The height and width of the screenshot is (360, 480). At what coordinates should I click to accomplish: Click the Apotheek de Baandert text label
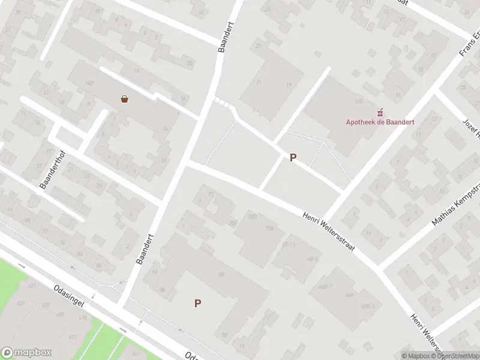(x=380, y=122)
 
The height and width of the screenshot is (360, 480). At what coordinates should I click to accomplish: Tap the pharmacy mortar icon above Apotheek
(x=379, y=112)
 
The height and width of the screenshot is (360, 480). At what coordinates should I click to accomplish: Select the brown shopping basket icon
(x=124, y=99)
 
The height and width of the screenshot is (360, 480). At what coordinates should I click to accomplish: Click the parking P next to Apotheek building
(x=293, y=158)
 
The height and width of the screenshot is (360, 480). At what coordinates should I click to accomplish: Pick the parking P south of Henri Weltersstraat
(x=197, y=304)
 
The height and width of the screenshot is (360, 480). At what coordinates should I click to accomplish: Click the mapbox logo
(x=26, y=353)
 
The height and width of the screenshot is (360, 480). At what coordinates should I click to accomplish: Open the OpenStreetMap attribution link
(x=444, y=356)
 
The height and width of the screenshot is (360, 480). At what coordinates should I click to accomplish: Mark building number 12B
(x=359, y=102)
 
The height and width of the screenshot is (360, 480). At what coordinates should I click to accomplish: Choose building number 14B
(x=90, y=83)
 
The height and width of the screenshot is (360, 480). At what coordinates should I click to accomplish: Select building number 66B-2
(x=368, y=307)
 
